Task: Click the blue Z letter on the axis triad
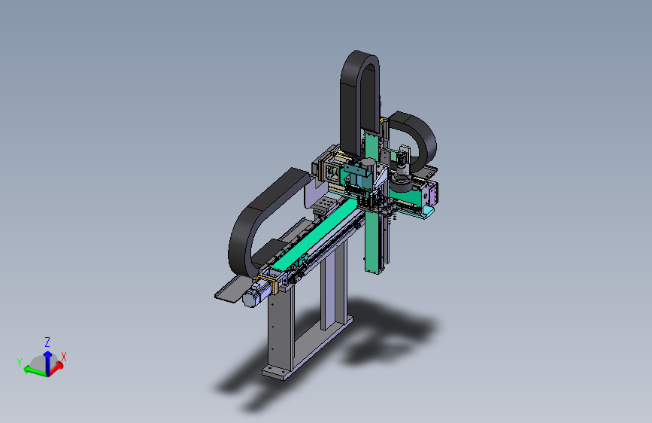(x=47, y=342)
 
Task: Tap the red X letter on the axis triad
(x=64, y=357)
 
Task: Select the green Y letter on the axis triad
(x=20, y=363)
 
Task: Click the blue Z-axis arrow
(x=48, y=363)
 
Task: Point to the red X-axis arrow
(x=56, y=369)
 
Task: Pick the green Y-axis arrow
(x=35, y=370)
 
